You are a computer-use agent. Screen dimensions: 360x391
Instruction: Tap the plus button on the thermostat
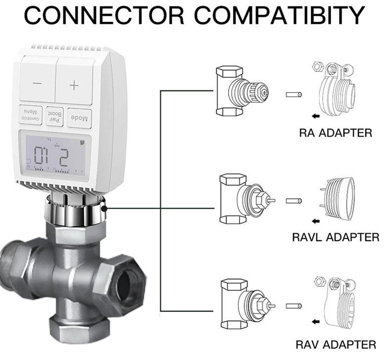click(x=74, y=85)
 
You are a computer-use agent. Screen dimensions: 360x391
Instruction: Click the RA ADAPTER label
click(x=335, y=133)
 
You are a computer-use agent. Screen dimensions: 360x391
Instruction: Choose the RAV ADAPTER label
click(x=336, y=344)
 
